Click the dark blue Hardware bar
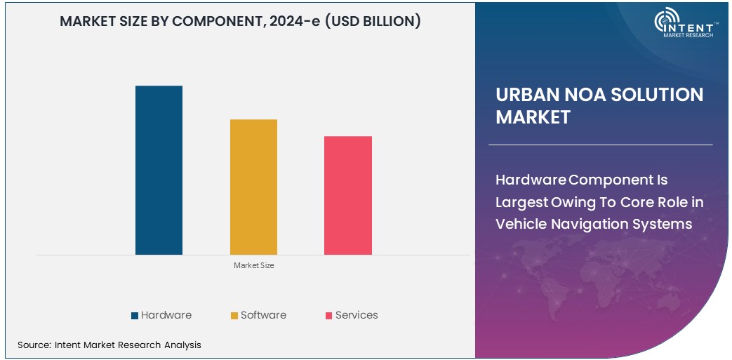point(159,170)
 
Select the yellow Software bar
point(253,187)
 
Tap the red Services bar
point(347,195)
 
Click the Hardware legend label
point(166,315)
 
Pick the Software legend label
point(263,315)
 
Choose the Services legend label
point(357,315)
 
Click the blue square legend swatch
point(135,316)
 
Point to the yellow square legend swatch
point(234,316)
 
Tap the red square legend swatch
point(328,316)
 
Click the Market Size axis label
point(253,265)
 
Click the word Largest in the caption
point(522,202)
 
